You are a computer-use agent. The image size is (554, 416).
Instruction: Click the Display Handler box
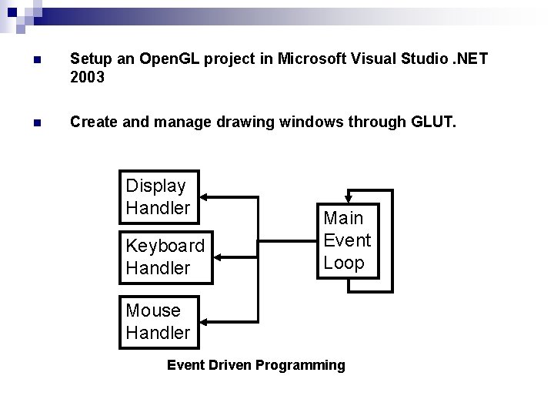(x=160, y=196)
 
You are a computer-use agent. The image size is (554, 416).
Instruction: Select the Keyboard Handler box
(x=165, y=257)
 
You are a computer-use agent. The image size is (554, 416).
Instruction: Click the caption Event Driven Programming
(x=256, y=365)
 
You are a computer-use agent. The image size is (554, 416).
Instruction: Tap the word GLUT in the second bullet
(x=434, y=121)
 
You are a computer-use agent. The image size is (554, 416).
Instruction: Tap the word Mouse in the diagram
(x=153, y=310)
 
